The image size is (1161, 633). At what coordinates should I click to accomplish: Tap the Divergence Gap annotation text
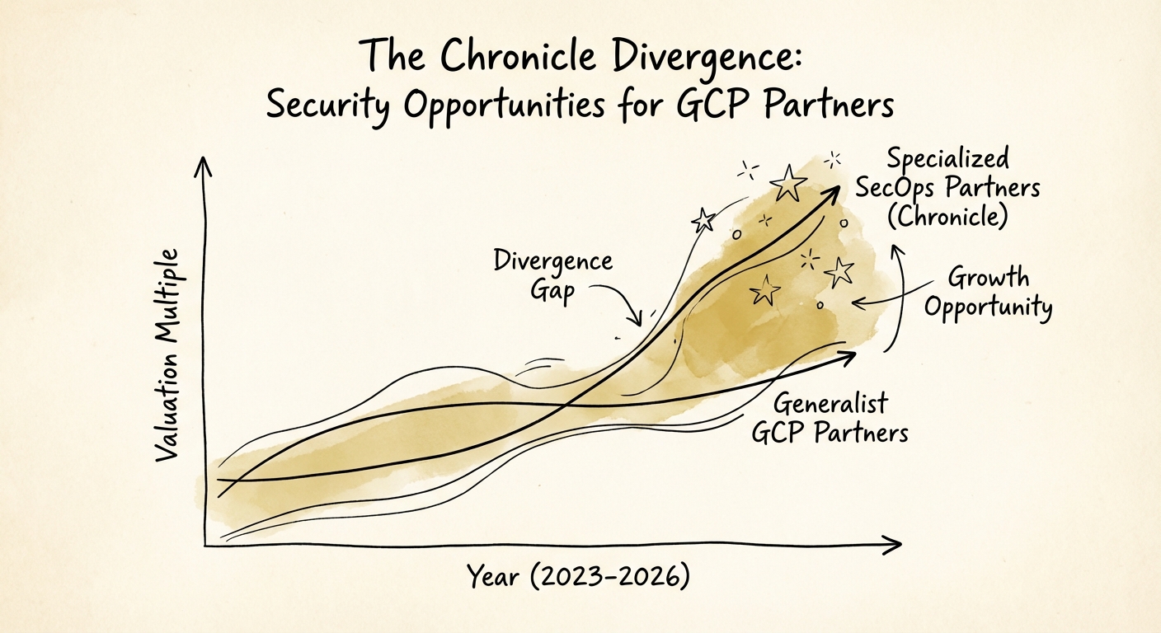(x=552, y=276)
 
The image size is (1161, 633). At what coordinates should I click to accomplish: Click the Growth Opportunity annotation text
(x=988, y=293)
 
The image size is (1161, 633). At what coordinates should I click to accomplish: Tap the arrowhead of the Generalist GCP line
(x=849, y=354)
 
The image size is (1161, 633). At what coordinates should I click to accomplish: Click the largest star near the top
(x=788, y=182)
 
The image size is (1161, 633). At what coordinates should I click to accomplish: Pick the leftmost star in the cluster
(x=703, y=219)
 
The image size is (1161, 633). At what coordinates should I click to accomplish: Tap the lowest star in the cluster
(x=767, y=289)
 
